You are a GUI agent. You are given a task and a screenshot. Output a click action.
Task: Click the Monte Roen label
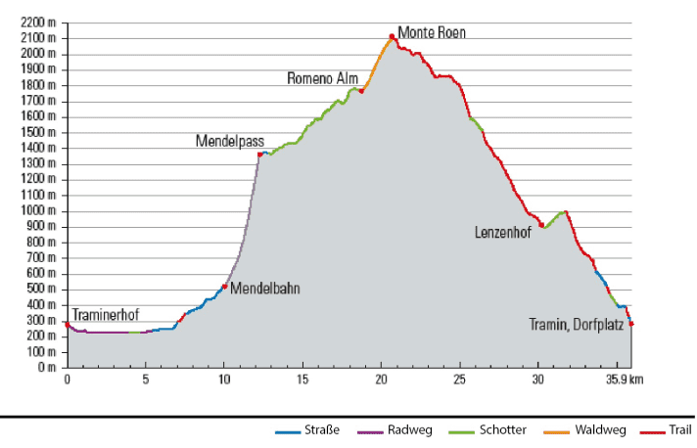pyautogui.click(x=432, y=31)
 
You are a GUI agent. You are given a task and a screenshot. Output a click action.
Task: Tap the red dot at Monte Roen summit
pyautogui.click(x=392, y=37)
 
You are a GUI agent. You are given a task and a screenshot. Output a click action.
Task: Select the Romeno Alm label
pyautogui.click(x=322, y=77)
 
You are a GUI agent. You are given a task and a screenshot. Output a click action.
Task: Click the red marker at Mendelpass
pyautogui.click(x=259, y=155)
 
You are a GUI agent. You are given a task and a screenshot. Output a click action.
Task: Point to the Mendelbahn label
pyautogui.click(x=265, y=289)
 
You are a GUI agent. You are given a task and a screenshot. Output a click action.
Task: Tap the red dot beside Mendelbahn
pyautogui.click(x=225, y=287)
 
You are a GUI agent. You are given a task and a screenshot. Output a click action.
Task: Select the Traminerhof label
pyautogui.click(x=105, y=306)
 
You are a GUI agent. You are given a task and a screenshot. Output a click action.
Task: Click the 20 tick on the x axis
pyautogui.click(x=382, y=378)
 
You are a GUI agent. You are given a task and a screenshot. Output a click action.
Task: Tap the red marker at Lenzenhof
pyautogui.click(x=541, y=226)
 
